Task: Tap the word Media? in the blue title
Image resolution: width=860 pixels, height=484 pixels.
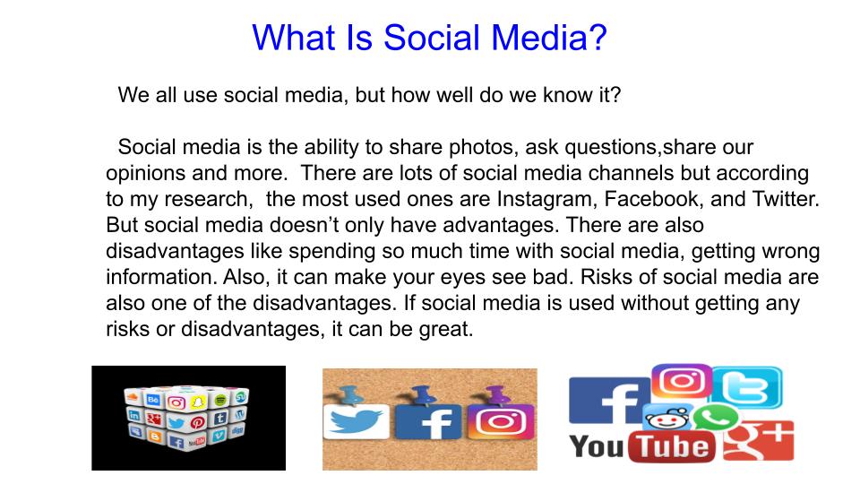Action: click(x=553, y=38)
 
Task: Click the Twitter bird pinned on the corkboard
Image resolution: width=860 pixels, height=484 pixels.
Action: click(x=355, y=420)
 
